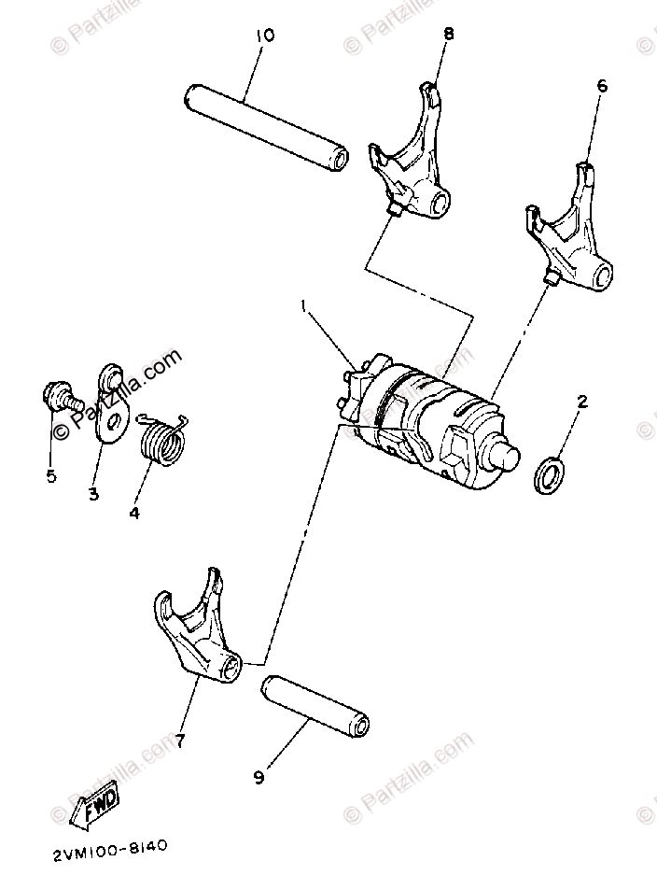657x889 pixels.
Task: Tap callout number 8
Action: [x=449, y=33]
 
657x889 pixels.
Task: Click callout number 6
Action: [x=602, y=85]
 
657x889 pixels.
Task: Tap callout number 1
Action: [x=303, y=305]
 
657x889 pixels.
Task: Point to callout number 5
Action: [x=51, y=476]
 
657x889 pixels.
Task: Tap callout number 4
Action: [x=134, y=513]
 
